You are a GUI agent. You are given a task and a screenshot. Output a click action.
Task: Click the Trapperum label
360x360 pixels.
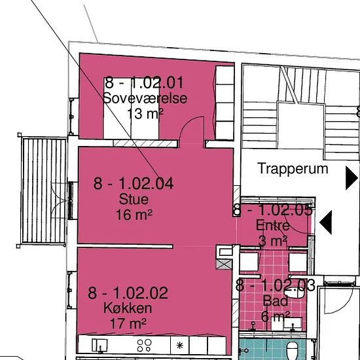pos(293,169)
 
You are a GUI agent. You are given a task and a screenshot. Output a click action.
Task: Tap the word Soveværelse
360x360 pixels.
pos(145,98)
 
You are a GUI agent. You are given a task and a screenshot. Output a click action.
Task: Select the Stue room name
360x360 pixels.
pos(134,199)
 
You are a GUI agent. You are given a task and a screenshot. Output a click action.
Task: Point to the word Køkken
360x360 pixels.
pos(128,308)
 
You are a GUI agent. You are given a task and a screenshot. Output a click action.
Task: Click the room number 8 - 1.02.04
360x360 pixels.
pos(134,184)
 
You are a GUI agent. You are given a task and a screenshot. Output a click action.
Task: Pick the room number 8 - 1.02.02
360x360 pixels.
pos(128,293)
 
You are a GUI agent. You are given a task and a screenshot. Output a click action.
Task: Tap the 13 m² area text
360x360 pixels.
pos(145,114)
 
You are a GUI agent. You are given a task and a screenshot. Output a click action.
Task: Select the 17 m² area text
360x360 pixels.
pos(128,323)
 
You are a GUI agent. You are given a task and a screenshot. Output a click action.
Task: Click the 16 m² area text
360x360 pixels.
pos(134,215)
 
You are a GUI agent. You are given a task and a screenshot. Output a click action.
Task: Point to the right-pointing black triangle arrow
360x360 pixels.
pos(351,178)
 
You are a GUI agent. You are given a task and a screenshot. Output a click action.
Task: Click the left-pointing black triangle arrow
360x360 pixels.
pos(326,223)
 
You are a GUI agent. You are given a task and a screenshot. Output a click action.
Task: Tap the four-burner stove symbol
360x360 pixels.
pos(145,346)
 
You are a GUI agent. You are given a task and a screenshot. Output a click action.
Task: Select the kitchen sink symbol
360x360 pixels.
pos(100,346)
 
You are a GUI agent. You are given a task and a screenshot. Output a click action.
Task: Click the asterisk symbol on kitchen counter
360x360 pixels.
pos(180,346)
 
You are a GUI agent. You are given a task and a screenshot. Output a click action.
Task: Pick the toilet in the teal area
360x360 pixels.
pos(293,351)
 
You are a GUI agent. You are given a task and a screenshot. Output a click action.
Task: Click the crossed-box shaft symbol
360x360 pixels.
pos(224,264)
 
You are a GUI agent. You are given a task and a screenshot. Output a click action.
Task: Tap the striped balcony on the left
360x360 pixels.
pos(43,190)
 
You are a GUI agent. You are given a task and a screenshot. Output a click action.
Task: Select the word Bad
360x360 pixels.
pos(276,301)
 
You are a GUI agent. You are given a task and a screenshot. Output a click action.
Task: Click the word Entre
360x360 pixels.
pos(273,225)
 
